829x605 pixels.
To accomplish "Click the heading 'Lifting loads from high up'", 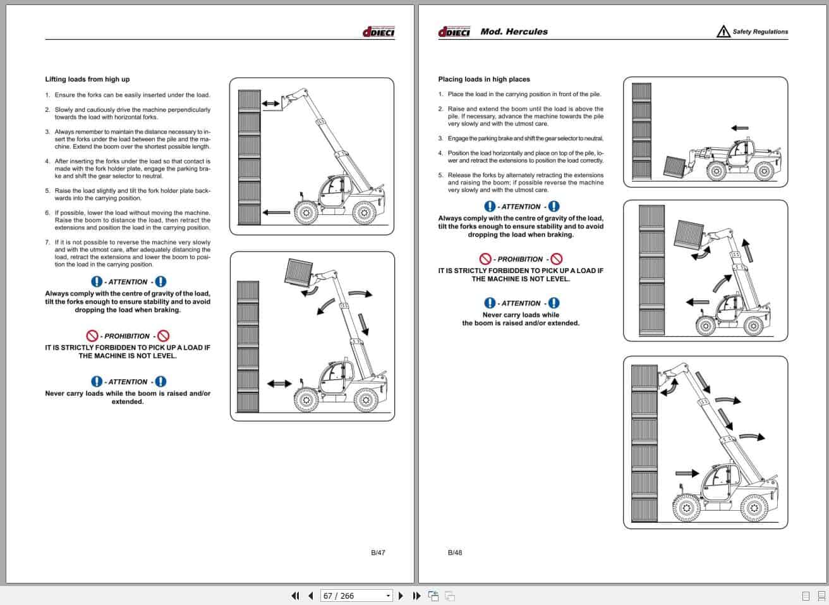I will (x=87, y=79).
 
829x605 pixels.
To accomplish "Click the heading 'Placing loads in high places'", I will (x=484, y=79).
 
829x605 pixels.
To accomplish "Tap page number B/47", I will (x=378, y=553).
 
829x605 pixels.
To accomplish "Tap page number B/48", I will (x=455, y=553).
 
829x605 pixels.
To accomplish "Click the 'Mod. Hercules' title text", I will (x=514, y=32).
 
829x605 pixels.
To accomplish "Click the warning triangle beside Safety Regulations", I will (x=723, y=32).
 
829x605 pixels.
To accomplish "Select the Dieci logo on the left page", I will (x=378, y=32).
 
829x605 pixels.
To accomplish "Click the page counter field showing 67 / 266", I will (x=352, y=596).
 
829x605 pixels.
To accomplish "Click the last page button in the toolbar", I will (x=416, y=596).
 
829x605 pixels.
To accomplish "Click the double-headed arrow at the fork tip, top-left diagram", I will (x=270, y=102).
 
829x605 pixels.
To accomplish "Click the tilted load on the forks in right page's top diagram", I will (x=677, y=165).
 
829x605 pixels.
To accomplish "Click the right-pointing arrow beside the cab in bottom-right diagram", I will (x=687, y=472).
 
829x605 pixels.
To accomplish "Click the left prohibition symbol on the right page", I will (x=485, y=259).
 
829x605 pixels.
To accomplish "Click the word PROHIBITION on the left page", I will (x=127, y=336).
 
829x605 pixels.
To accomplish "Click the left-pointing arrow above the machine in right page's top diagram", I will (x=739, y=128).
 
